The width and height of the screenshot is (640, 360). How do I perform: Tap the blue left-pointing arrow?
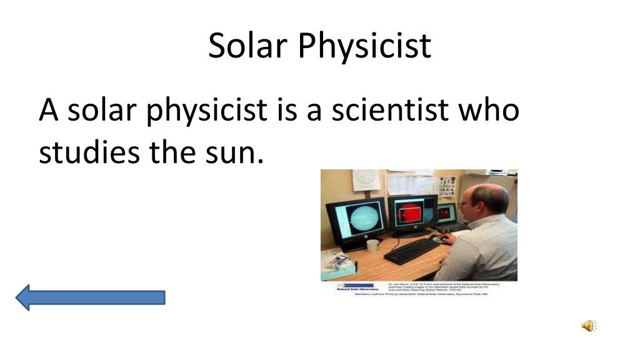tap(90, 297)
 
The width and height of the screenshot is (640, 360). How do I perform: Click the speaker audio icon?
tap(589, 325)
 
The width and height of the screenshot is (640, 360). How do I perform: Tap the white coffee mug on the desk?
tap(373, 245)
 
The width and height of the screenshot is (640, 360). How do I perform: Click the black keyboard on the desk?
tap(411, 249)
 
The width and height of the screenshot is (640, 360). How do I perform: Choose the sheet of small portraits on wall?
tap(447, 186)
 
